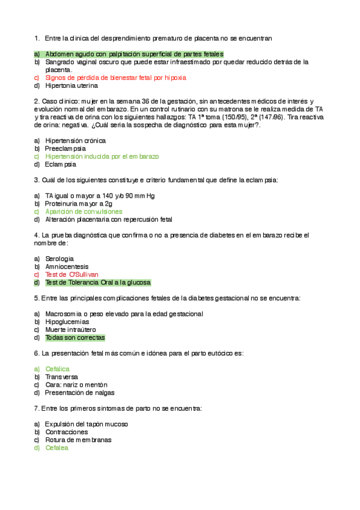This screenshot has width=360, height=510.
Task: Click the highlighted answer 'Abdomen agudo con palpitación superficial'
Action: click(x=134, y=54)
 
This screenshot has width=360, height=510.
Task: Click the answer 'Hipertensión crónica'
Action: click(x=76, y=140)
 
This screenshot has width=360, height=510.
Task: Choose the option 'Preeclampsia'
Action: click(x=66, y=148)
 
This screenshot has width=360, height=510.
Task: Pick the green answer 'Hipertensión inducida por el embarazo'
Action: click(x=102, y=156)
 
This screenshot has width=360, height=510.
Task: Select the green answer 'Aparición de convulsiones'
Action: click(x=84, y=212)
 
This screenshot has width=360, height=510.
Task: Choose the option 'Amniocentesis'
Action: click(x=67, y=266)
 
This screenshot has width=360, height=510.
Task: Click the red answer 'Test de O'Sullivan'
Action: click(x=72, y=274)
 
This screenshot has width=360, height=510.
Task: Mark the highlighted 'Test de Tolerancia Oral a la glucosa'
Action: click(x=98, y=282)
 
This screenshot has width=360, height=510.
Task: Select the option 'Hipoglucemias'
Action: click(x=67, y=322)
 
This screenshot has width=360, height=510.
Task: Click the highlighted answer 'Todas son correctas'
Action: click(x=75, y=337)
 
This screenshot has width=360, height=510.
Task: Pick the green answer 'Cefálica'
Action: click(x=58, y=369)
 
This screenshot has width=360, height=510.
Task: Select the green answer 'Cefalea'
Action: click(x=57, y=447)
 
